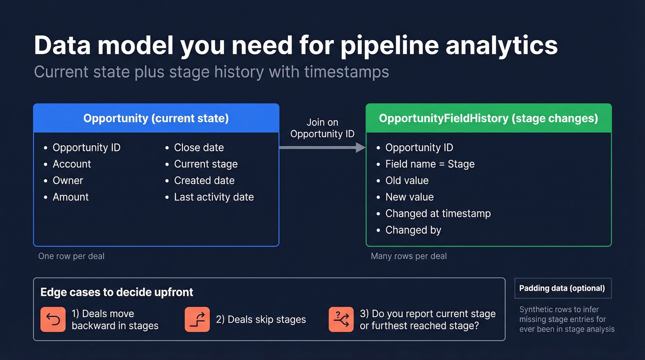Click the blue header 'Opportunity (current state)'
(x=156, y=118)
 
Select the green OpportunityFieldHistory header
(x=488, y=118)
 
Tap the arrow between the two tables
(x=322, y=148)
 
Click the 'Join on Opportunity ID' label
(x=322, y=128)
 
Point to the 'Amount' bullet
(x=70, y=197)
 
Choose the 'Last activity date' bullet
(x=214, y=197)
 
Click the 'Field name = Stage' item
(x=429, y=164)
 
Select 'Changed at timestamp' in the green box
(x=438, y=213)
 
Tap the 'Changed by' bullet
(x=413, y=230)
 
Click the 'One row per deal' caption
(x=71, y=256)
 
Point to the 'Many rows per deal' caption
(x=409, y=256)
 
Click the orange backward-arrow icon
(x=53, y=319)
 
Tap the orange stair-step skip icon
(x=197, y=319)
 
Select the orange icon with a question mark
(x=341, y=319)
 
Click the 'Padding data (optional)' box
(x=562, y=289)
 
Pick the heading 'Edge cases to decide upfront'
(x=117, y=292)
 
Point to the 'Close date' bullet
(x=199, y=148)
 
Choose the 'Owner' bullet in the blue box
(x=68, y=181)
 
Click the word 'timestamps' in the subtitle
(x=346, y=72)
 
